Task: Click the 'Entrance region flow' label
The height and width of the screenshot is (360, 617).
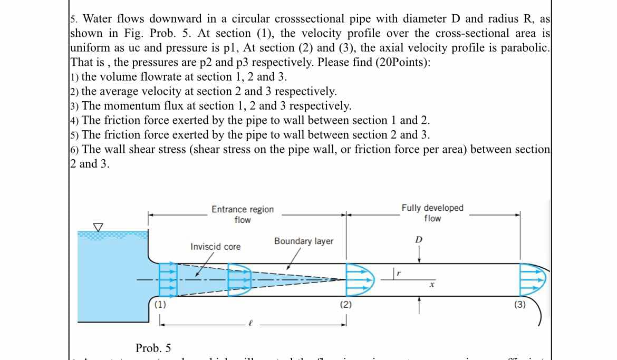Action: [243, 215]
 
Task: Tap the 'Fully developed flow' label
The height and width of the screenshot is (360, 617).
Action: [432, 213]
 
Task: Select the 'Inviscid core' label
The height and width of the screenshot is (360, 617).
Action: [215, 247]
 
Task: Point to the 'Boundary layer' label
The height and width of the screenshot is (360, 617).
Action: [304, 241]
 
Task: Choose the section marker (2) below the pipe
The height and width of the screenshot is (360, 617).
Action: [345, 305]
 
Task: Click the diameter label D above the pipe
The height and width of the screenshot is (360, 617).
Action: [419, 240]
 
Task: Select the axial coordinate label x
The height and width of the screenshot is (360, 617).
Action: [431, 285]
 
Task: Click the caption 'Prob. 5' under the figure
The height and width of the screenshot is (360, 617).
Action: [153, 348]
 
